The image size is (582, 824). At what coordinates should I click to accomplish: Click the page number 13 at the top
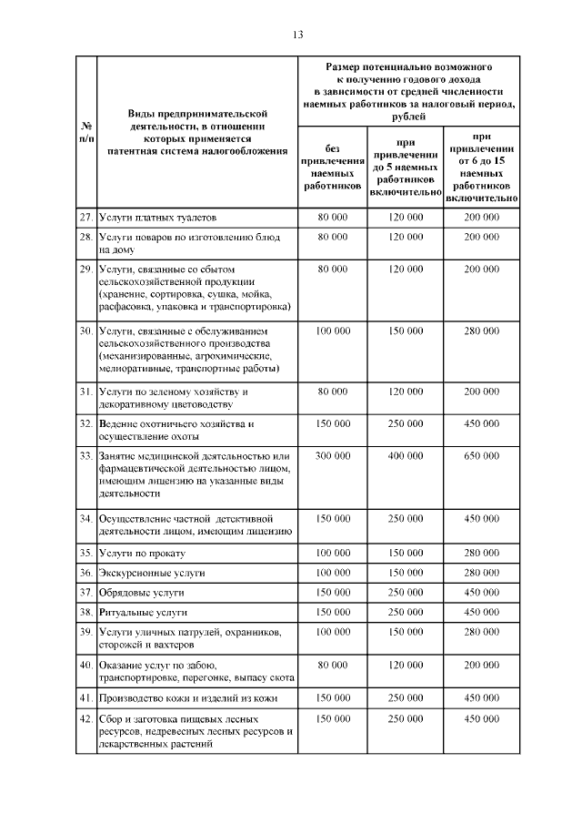click(297, 35)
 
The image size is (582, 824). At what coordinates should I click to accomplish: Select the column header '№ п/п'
click(85, 131)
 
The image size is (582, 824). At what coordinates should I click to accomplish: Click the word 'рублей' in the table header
click(407, 117)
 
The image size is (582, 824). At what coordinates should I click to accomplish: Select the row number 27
click(85, 218)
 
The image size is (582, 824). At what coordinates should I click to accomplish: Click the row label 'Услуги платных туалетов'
click(158, 218)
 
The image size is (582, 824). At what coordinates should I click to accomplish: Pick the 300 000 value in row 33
click(333, 455)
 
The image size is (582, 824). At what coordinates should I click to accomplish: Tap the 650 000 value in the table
click(482, 455)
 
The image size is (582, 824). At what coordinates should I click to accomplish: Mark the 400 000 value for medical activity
click(406, 455)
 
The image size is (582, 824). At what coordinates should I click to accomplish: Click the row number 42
click(85, 718)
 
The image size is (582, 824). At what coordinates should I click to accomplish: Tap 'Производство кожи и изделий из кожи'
click(189, 698)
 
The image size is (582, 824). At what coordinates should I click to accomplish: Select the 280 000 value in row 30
click(482, 331)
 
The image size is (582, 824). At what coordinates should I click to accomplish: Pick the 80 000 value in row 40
click(333, 666)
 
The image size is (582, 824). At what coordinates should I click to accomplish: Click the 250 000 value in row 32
click(406, 424)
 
